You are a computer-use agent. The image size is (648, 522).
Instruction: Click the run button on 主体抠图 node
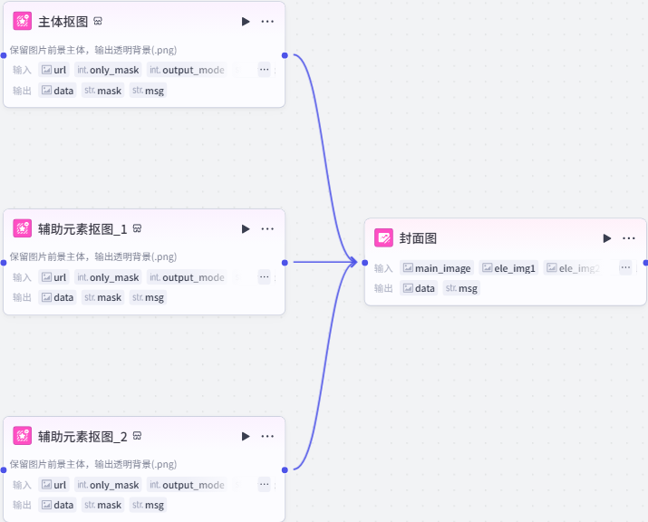[x=246, y=22]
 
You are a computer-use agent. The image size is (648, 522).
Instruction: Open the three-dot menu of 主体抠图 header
[x=267, y=22]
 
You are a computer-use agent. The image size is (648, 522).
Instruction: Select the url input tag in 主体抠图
[x=54, y=70]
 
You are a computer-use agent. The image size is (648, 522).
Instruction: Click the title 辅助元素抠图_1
[x=82, y=228]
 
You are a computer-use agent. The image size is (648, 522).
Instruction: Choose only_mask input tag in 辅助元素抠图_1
[x=108, y=277]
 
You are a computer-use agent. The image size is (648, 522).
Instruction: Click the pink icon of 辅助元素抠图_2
[x=23, y=436]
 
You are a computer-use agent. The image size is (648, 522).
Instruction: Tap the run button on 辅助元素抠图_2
[x=246, y=436]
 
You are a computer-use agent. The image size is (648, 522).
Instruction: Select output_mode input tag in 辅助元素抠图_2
[x=186, y=485]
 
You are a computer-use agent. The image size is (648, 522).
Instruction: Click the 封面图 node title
[x=418, y=238]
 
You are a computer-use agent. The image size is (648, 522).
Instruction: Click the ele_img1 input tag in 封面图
[x=509, y=268]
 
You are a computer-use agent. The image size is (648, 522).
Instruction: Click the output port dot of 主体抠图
[x=285, y=55]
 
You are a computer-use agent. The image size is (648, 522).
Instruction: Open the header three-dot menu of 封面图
[x=629, y=238]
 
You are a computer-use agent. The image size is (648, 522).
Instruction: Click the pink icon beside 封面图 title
[x=384, y=238]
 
